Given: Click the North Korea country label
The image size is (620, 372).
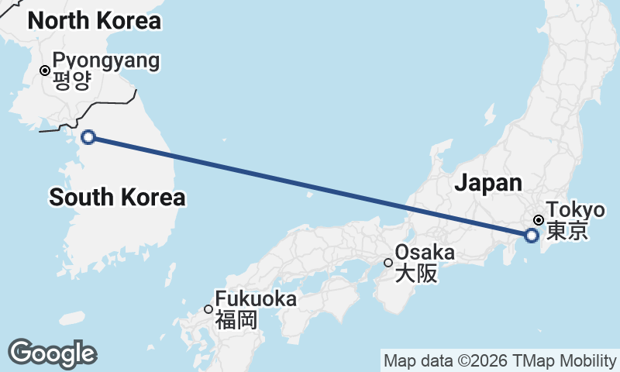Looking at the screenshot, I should pos(94,21).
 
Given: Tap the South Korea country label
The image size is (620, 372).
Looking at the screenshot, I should pos(117,198).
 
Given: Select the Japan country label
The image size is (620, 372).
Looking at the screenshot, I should pos(487,183).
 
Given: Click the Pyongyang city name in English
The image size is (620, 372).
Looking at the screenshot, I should pos(106,60).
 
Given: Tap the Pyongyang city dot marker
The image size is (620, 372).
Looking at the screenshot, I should pos(45,71).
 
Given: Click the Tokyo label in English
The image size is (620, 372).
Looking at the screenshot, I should pos(575,210).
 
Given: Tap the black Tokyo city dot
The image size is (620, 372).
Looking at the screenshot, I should pos(538,220).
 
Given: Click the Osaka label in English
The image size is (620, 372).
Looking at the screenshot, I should pos(425,253).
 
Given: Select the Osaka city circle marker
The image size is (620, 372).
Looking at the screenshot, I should pos(388,263).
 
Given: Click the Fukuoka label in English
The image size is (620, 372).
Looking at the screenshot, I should pos(256,298).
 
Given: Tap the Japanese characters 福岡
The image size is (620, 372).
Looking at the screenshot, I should pos(236,319).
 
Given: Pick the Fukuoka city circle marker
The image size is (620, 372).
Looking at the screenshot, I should pos(208,309).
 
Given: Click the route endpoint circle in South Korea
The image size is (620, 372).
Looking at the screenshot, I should pos(88,137).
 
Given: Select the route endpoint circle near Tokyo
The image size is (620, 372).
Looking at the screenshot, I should pos(531,235).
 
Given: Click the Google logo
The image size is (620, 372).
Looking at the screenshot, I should pos(52,353).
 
